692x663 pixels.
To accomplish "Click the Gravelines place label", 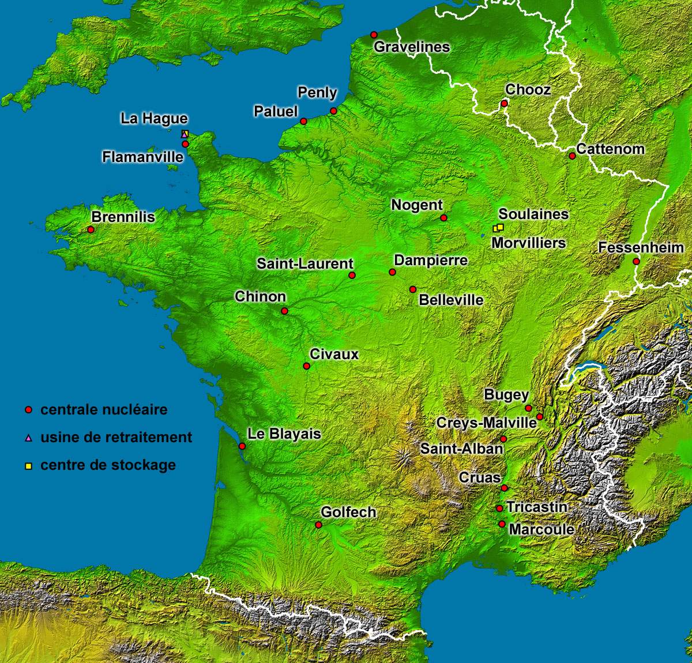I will click(x=412, y=47).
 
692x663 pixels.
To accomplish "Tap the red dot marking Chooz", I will click(x=504, y=104).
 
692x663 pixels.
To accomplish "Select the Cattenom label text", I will click(x=610, y=149).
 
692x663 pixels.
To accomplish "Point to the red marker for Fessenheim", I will click(x=636, y=261).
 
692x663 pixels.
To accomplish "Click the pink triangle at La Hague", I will click(x=184, y=134).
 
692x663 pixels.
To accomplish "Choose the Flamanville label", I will click(x=142, y=157).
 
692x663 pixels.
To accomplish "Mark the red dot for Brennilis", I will click(x=91, y=229).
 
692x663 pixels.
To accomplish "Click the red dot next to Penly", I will click(x=333, y=111).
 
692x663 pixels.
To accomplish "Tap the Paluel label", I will click(x=276, y=111).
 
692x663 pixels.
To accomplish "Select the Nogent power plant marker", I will click(x=443, y=217).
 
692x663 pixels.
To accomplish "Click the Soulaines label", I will click(x=533, y=214).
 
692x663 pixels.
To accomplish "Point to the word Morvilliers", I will click(x=528, y=243).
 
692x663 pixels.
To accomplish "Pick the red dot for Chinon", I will click(x=284, y=311).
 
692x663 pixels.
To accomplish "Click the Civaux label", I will click(x=334, y=354).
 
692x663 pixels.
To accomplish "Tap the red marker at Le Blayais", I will click(x=242, y=446).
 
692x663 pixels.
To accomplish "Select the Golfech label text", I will click(x=348, y=512).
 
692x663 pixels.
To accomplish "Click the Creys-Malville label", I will click(x=486, y=423).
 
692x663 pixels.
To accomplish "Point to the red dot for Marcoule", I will click(x=502, y=524).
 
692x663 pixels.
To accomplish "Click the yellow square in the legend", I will click(x=28, y=466).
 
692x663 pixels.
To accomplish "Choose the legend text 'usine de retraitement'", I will click(x=116, y=437).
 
